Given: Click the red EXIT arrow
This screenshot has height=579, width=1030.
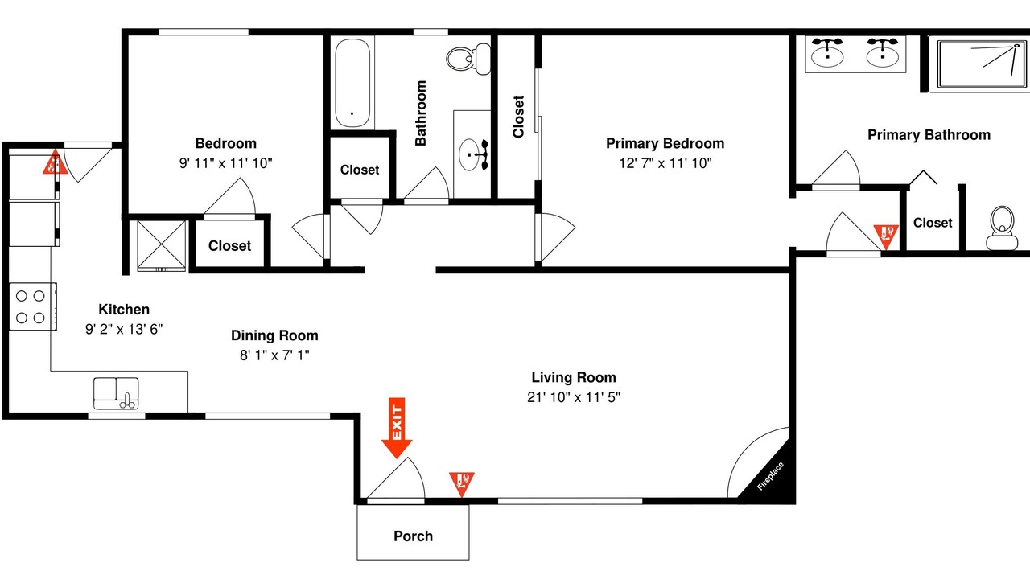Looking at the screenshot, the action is coord(397,428).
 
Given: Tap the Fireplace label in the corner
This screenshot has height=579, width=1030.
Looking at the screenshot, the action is coord(770,476).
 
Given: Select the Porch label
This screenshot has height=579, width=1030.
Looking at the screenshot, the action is coord(413,536).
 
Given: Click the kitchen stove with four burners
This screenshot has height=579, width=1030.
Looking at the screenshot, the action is coord(33,306).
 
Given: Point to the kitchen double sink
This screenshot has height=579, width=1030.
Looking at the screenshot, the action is coord(116,393).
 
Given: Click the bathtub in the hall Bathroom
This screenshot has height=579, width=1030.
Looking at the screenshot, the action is coord(352,83).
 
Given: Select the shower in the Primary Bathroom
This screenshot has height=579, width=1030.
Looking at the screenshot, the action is coord(982,64).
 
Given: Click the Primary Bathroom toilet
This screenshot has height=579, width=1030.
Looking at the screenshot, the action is coord(1002,228).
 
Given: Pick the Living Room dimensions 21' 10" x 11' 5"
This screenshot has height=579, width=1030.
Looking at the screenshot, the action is coord(574,397).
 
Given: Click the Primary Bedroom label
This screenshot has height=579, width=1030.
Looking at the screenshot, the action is coord(665,143).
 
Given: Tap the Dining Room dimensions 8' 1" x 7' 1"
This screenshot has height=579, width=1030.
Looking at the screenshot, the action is coord(274,355).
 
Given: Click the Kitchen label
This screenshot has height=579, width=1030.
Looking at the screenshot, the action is coord(124,310).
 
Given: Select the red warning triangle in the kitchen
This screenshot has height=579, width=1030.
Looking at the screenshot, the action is coord(56,162).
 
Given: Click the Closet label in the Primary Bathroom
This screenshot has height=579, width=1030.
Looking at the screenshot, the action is coord(933,223).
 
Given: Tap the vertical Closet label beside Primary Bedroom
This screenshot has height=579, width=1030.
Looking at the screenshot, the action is coord(518,117).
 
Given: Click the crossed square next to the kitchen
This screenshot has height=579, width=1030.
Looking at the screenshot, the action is coord(162,245).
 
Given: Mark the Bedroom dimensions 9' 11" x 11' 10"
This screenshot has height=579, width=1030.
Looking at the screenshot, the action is coord(226,163).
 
